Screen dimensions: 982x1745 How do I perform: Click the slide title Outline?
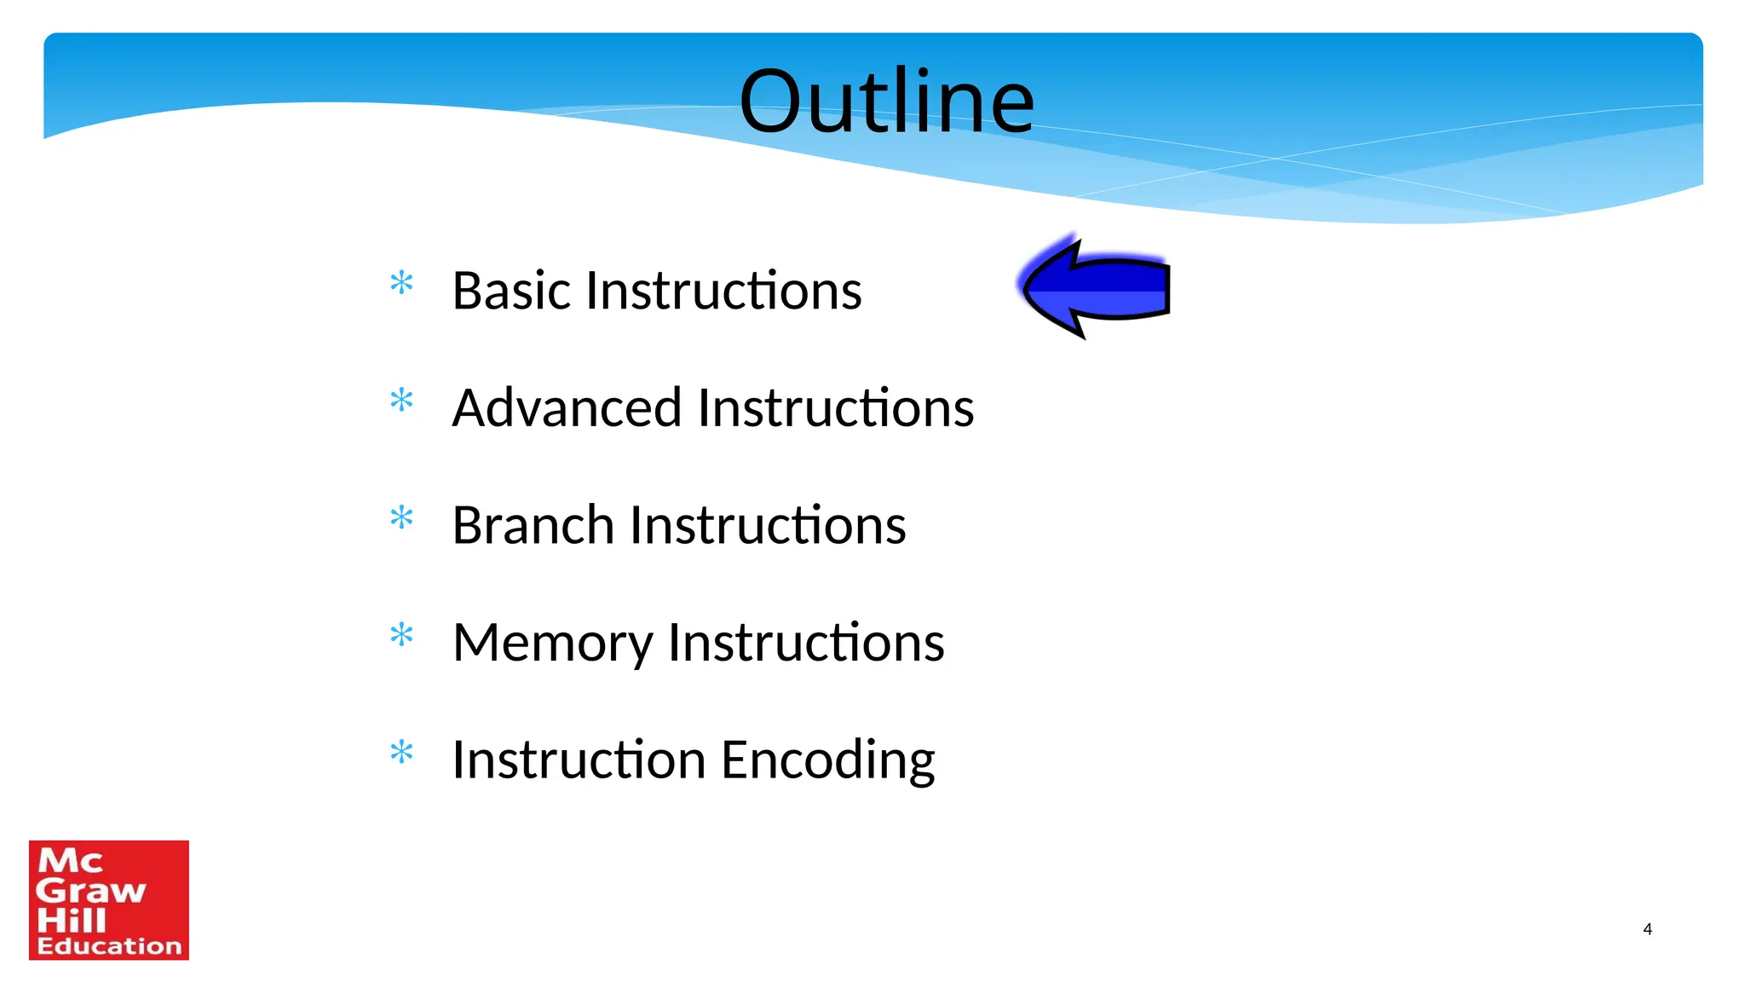click(886, 102)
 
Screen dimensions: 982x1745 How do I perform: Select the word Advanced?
click(567, 407)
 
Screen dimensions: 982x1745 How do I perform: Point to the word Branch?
click(532, 525)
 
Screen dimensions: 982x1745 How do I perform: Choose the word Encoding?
click(828, 760)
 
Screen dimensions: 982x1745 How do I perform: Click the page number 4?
click(1647, 929)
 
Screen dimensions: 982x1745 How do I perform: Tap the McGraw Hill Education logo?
click(109, 900)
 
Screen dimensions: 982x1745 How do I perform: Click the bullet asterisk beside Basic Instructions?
click(401, 283)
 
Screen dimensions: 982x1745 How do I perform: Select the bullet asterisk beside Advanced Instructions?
click(401, 400)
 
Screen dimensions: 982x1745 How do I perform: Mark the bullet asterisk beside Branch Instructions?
click(401, 517)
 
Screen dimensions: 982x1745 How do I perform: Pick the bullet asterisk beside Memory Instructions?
click(401, 635)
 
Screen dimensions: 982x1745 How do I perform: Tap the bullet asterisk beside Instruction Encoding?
click(401, 753)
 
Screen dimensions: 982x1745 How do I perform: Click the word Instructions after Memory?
click(806, 643)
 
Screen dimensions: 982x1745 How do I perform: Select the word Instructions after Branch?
click(768, 525)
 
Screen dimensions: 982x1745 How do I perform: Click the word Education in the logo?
click(109, 946)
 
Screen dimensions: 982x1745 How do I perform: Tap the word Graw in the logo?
click(90, 891)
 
